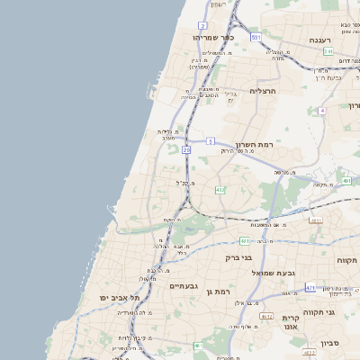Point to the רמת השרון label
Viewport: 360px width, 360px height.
point(254,144)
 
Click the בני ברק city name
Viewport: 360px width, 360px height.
point(238,257)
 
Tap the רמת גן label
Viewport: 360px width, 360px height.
point(219,291)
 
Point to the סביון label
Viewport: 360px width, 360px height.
point(329,342)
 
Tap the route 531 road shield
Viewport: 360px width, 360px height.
point(256,37)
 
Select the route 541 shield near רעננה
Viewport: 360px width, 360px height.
point(329,51)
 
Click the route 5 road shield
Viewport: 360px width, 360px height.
point(210,141)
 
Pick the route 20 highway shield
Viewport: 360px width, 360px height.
point(186,150)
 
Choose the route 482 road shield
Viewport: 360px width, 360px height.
point(220,190)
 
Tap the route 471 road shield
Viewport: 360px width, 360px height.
point(310,288)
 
